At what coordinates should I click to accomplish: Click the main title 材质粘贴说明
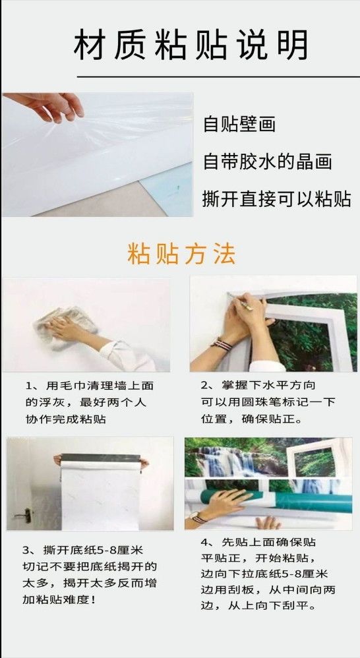(x=191, y=44)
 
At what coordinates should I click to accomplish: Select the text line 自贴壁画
(x=239, y=124)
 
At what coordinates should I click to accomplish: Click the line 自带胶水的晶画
(x=267, y=162)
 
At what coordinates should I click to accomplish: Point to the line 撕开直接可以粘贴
(x=276, y=199)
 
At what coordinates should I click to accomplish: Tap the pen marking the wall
(x=241, y=302)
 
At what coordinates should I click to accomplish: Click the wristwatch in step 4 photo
(x=197, y=517)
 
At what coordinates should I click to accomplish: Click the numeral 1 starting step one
(x=29, y=386)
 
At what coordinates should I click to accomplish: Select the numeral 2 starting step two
(x=205, y=385)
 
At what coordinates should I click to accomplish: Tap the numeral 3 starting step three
(x=26, y=550)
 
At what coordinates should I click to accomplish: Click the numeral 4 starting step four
(x=204, y=542)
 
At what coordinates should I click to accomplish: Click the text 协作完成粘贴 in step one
(x=65, y=419)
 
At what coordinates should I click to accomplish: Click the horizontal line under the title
(x=218, y=76)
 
